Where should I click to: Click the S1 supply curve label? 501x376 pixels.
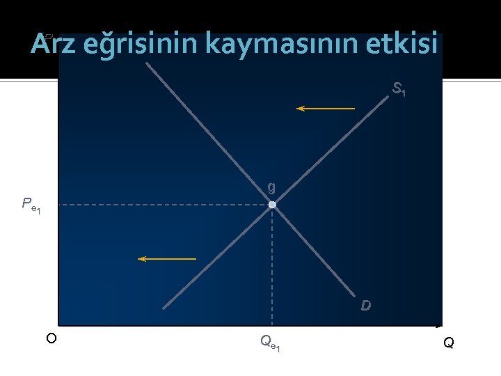tap(399, 90)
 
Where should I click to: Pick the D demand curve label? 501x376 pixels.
tap(366, 306)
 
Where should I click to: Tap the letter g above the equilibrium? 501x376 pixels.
tap(271, 187)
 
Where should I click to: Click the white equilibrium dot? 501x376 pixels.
tap(272, 205)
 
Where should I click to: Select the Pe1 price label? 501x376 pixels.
tap(31, 205)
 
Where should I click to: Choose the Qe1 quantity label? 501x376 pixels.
tap(270, 342)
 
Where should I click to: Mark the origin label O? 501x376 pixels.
tap(51, 338)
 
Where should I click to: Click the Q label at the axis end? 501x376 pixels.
tap(449, 343)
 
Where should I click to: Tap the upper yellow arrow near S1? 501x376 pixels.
tap(326, 109)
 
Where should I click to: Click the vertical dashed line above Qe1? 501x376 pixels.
tap(272, 265)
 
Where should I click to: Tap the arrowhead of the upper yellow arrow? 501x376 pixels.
tap(300, 109)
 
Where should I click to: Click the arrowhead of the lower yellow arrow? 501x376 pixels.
tap(141, 259)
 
